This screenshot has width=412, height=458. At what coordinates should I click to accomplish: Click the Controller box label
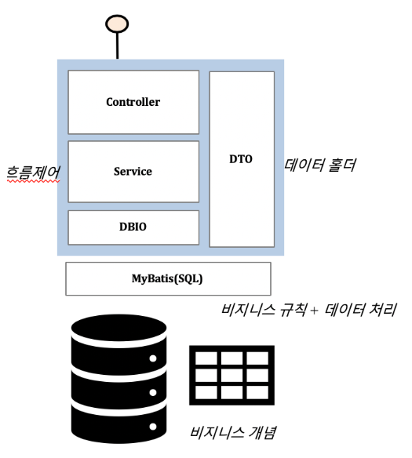tap(133, 102)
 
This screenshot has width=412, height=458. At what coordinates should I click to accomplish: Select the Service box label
tap(133, 172)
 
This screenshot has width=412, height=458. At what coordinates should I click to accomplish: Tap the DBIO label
tap(133, 227)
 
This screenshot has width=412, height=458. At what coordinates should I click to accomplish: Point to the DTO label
tap(241, 159)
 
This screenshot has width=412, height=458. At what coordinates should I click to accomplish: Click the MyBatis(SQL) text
tap(167, 278)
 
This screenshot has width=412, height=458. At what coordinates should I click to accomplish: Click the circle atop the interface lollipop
tap(117, 24)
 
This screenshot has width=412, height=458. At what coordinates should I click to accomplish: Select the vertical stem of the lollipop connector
tap(118, 45)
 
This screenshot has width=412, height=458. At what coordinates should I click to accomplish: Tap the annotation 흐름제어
tap(33, 172)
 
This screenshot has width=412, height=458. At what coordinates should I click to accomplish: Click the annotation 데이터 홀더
tap(320, 165)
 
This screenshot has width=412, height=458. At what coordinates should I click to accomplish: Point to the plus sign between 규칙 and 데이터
tap(314, 311)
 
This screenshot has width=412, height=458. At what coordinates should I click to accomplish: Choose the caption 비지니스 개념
tap(233, 433)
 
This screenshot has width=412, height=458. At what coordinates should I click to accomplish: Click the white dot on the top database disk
tap(153, 358)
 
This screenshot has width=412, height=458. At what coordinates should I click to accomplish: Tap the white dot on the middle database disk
tap(153, 393)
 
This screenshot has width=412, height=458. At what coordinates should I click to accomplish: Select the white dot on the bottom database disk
tap(153, 427)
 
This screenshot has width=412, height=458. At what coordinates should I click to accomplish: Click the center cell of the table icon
tap(232, 376)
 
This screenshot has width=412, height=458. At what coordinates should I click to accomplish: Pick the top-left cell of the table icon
tap(206, 358)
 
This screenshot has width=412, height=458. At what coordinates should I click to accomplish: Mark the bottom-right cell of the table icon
tap(257, 392)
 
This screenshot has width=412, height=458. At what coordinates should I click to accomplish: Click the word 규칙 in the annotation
tap(294, 310)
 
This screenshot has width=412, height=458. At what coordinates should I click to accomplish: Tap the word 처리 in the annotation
tap(383, 310)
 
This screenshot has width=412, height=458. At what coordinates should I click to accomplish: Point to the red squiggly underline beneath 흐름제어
tap(33, 181)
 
